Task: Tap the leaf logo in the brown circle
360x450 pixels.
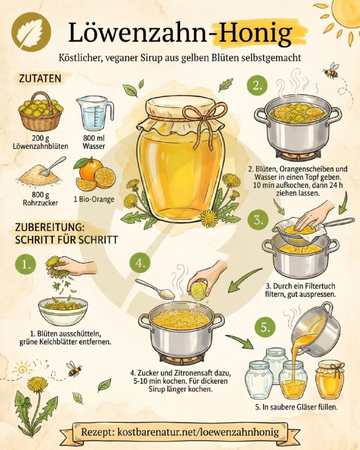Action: click(x=31, y=31)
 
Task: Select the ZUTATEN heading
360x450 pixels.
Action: click(x=40, y=78)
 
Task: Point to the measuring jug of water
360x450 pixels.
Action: click(x=94, y=114)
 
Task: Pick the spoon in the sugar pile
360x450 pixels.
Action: click(x=53, y=166)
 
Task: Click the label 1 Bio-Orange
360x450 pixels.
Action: click(x=93, y=199)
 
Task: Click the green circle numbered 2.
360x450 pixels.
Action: click(x=257, y=85)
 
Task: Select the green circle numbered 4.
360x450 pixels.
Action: click(x=140, y=263)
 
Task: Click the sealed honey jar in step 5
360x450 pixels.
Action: click(x=330, y=380)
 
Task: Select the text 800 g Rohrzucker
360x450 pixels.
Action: click(x=40, y=199)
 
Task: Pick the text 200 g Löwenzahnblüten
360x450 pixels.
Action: click(x=40, y=142)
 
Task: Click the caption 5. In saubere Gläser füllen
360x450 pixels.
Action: click(x=296, y=407)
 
